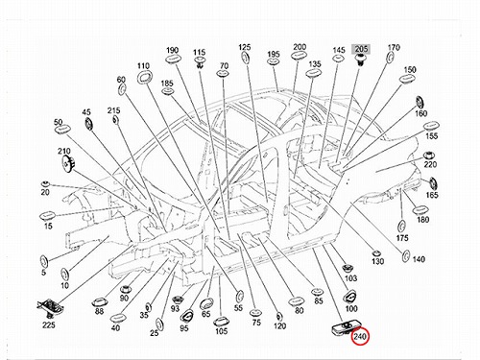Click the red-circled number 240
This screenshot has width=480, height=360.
[360, 337]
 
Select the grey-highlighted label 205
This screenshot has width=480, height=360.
[361, 49]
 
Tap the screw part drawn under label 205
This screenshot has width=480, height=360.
[361, 60]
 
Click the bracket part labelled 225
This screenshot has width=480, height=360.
[51, 306]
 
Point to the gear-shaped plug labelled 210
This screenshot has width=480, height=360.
[68, 162]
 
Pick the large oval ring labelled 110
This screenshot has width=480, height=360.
[145, 77]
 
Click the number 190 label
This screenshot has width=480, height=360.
[173, 50]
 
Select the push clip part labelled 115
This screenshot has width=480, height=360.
[200, 62]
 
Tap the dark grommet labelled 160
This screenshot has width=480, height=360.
[420, 102]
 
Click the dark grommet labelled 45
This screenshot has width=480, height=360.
[88, 124]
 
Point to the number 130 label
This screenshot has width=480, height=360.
[377, 261]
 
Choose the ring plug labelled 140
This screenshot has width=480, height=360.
[405, 256]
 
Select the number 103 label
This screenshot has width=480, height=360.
[350, 278]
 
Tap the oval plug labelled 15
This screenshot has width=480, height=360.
[48, 216]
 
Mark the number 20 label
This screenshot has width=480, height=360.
[45, 192]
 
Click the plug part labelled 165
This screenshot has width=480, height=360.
[433, 183]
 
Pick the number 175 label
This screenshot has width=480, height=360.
[402, 238]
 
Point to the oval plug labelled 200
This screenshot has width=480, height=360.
[300, 55]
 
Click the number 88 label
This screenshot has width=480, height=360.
[99, 311]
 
